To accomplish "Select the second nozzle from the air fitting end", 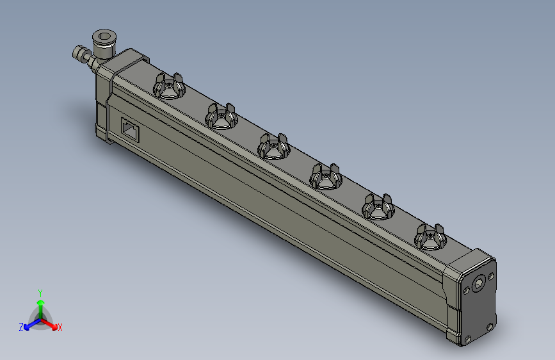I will (221, 116).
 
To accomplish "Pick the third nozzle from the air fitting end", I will (273, 147).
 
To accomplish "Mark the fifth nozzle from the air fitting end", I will (378, 207).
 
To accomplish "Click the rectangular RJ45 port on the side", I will (130, 131).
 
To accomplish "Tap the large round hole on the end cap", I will (479, 283).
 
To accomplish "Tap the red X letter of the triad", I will (60, 328).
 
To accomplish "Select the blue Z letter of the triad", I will (21, 327).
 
